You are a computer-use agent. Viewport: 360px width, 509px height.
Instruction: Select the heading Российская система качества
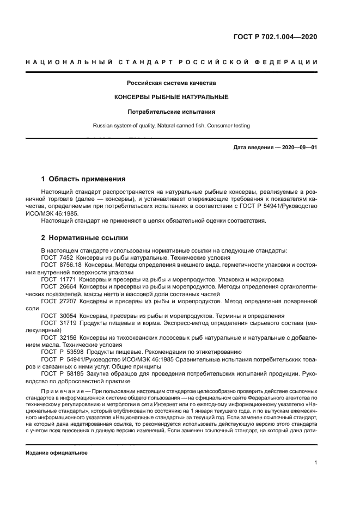tap(172, 83)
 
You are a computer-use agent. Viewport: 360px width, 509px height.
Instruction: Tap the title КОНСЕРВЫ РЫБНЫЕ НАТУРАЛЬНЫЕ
tap(172, 97)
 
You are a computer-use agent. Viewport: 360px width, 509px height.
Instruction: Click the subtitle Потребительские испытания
tap(172, 112)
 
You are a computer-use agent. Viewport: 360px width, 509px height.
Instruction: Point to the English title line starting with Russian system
tap(172, 126)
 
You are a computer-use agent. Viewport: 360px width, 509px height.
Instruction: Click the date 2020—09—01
tap(301, 148)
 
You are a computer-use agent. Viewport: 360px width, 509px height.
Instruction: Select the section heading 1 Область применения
tap(84, 179)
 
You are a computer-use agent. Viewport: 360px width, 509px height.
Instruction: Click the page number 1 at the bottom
tap(316, 462)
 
